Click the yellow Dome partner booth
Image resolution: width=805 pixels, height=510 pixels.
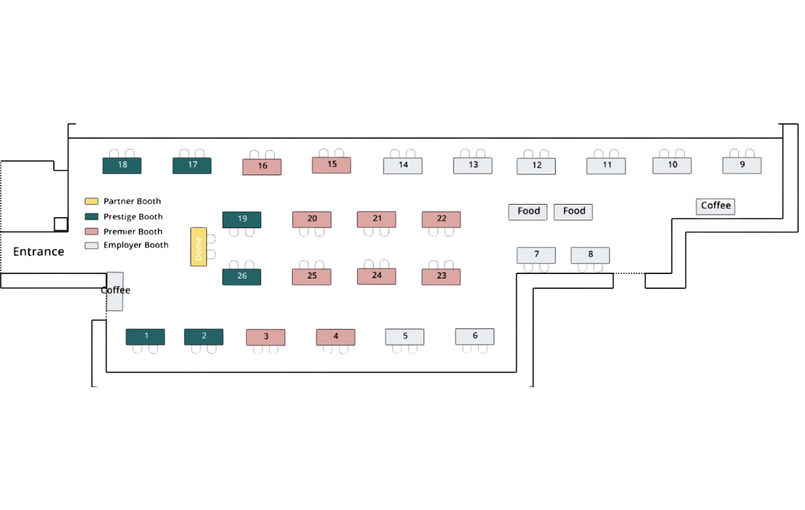point(198,246)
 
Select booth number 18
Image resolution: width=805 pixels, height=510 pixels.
point(122,165)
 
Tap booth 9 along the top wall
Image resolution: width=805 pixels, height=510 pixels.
point(742,165)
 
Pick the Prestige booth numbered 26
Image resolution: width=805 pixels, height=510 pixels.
point(241,277)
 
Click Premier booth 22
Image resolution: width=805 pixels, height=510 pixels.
point(441,219)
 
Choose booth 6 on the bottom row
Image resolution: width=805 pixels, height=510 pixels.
point(474,337)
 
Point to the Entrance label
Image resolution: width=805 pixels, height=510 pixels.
point(39,252)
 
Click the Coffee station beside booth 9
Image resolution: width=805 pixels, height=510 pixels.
point(715,206)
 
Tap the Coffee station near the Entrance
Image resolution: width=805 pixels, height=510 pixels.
point(115,291)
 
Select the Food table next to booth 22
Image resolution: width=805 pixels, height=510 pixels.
point(528,212)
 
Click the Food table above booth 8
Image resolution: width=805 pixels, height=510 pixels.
point(573,212)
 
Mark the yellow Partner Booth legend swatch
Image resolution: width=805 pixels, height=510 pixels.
point(92,201)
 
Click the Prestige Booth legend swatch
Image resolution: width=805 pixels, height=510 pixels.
point(92,216)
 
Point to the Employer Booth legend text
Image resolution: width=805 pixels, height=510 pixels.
point(135,245)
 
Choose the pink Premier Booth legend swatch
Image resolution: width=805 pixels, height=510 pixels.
point(92,231)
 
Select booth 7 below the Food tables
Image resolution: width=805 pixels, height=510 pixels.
point(536,255)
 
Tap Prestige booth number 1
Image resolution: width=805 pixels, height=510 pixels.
point(145,337)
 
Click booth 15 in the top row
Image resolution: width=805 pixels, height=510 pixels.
point(331,165)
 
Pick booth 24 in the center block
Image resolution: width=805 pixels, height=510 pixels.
point(376,276)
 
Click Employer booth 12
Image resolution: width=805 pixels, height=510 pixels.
point(536,166)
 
